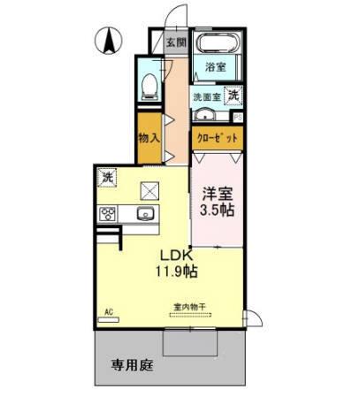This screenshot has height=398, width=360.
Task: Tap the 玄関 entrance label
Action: [176, 42]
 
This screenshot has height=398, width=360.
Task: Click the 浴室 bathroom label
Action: [217, 67]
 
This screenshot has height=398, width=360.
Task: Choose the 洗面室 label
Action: [207, 96]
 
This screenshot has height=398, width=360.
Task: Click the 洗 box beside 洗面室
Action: [234, 95]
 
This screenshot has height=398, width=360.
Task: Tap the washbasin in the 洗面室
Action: [205, 115]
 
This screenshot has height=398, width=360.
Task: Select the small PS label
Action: [238, 115]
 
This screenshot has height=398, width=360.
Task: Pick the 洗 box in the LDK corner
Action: [106, 176]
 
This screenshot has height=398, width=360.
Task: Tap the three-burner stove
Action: [108, 213]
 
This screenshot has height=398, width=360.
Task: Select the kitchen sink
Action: [144, 216]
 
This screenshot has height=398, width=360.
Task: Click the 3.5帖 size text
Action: [217, 210]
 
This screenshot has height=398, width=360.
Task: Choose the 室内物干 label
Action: [188, 307]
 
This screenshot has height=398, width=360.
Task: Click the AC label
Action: [109, 311]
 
